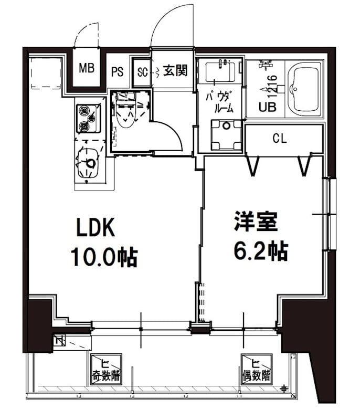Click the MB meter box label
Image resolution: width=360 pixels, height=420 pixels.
(x=86, y=68)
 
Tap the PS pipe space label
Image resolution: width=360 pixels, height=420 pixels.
(x=117, y=71)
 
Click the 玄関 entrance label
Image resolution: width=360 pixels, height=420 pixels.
(x=175, y=70)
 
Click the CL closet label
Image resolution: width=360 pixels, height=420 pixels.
(x=280, y=139)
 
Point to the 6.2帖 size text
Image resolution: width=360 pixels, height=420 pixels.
(x=260, y=252)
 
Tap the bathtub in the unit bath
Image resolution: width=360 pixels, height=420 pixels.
(x=305, y=89)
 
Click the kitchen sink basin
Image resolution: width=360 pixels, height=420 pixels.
(x=88, y=163)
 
